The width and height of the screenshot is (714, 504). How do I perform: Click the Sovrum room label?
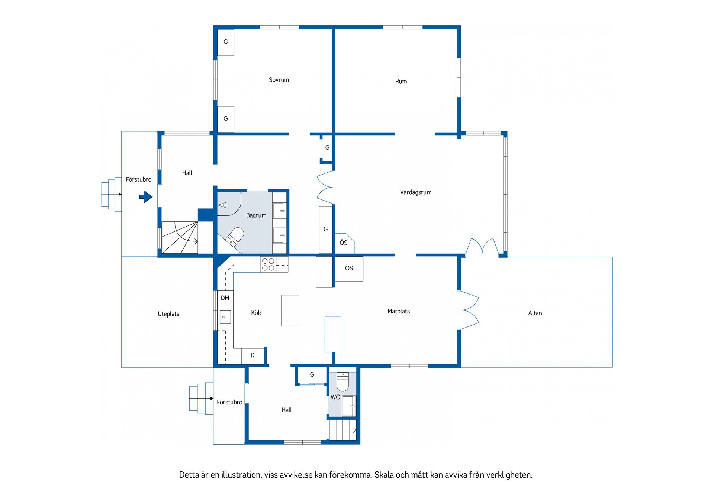(279, 80)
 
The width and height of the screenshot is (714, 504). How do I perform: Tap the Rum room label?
(401, 81)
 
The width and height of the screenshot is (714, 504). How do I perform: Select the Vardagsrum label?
(416, 192)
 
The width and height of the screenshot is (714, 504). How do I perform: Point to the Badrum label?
(256, 215)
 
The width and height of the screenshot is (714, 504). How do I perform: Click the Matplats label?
(399, 312)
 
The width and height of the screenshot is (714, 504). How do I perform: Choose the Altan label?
(535, 313)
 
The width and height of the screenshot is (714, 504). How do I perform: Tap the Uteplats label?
(168, 314)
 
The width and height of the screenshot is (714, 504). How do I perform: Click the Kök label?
(256, 313)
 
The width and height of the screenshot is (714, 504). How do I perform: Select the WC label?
(335, 397)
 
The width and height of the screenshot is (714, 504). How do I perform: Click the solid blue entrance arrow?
(146, 196)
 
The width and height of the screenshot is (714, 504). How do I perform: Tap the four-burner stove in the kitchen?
(268, 264)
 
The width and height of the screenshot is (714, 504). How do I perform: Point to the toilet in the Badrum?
(235, 236)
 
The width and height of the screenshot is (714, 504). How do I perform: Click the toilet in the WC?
(342, 382)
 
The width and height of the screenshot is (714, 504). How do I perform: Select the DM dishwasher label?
(225, 298)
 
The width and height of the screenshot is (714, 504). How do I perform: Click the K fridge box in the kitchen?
(253, 356)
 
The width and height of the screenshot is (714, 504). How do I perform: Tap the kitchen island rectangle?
(290, 310)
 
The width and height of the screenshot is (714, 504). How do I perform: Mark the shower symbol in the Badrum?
(223, 205)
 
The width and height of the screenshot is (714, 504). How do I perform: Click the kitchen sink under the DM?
(225, 317)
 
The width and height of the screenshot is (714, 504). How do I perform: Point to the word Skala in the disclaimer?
(384, 475)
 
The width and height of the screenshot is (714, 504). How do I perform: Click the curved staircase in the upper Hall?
(180, 238)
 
